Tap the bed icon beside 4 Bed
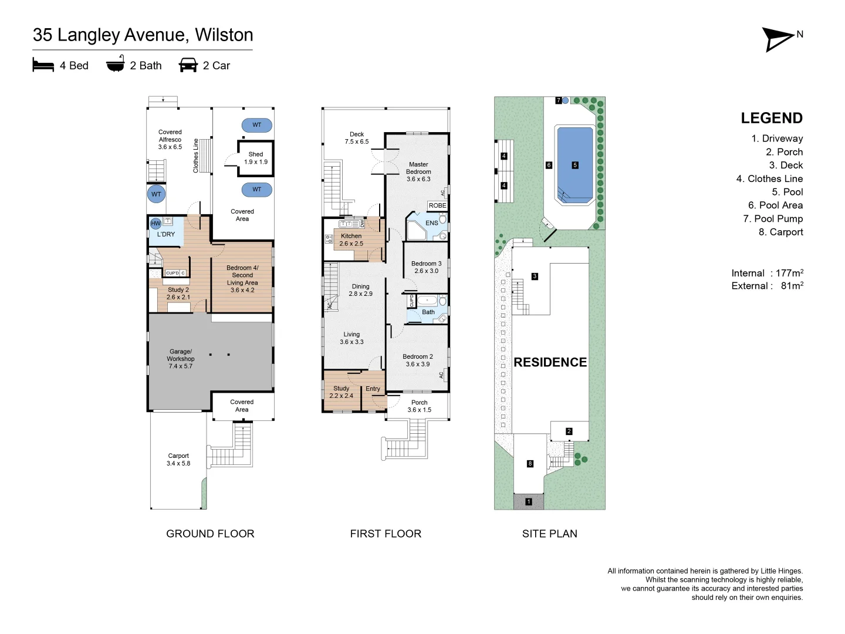[43, 65]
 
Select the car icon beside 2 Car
[188, 65]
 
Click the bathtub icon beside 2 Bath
[116, 63]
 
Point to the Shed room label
[256, 158]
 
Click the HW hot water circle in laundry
[156, 223]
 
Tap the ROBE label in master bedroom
[437, 205]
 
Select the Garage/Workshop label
[181, 358]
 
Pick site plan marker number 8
[530, 464]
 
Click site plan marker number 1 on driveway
[529, 501]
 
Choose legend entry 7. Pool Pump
[773, 218]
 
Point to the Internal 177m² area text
[767, 273]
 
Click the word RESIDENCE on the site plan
[550, 362]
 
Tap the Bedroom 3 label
[426, 267]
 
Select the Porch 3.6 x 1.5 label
[419, 406]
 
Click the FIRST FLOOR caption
[386, 534]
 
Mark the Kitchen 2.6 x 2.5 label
[351, 240]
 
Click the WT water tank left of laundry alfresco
[156, 194]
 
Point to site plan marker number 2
[569, 431]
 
